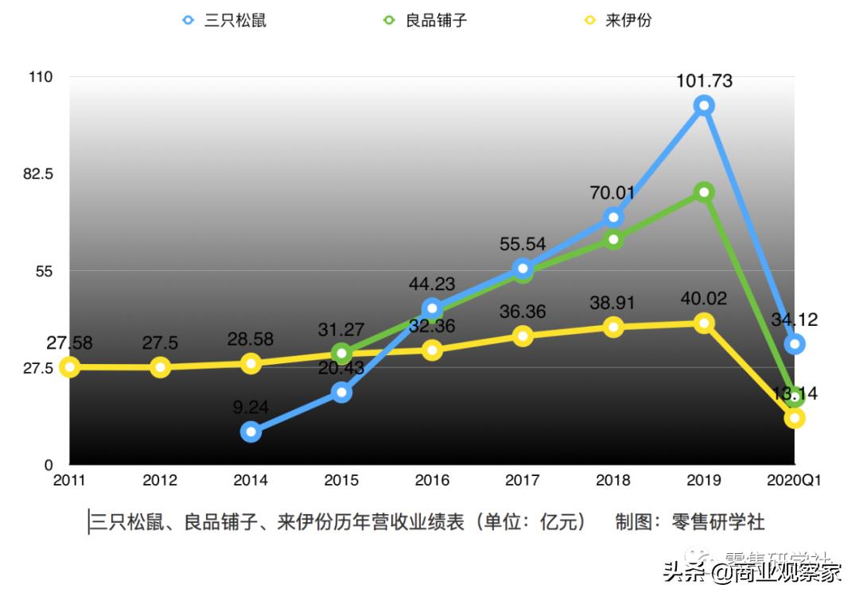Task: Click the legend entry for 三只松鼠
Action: click(225, 20)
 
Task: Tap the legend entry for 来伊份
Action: click(618, 20)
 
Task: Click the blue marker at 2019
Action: click(703, 105)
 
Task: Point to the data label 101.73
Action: click(703, 80)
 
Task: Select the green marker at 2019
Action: click(703, 192)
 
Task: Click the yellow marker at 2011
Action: click(70, 366)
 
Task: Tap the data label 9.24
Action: click(251, 408)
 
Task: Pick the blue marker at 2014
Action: click(251, 432)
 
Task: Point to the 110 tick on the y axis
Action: click(40, 77)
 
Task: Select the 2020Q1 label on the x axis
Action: click(793, 481)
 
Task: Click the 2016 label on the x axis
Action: click(432, 481)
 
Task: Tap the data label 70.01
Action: click(612, 193)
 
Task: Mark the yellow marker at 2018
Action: click(612, 327)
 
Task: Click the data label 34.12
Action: click(795, 320)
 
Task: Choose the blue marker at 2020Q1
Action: click(795, 344)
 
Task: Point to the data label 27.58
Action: click(70, 343)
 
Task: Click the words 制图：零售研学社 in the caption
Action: click(690, 522)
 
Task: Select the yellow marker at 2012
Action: click(160, 367)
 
